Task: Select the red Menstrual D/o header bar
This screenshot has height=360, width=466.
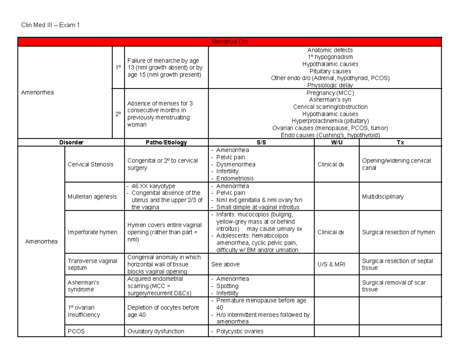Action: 230,42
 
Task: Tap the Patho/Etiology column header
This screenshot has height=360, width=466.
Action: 166,143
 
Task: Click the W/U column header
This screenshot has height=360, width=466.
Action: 336,143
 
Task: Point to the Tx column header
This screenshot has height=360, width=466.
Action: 400,143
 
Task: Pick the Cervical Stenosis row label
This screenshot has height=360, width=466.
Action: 90,164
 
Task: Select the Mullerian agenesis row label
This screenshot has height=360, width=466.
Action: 92,197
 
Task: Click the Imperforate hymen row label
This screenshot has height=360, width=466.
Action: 92,232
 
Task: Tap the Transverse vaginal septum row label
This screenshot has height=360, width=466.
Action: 92,264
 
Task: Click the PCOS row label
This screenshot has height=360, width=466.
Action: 76,331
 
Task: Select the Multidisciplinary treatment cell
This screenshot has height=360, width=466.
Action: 383,197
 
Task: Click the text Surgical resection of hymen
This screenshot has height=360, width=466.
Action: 398,232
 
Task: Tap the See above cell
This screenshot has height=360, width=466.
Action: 225,264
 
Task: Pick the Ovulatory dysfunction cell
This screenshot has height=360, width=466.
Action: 156,331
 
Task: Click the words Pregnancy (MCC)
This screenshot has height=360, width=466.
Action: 330,93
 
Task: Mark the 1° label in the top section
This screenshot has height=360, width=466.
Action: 118,68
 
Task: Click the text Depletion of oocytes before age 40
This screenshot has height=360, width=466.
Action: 163,311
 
